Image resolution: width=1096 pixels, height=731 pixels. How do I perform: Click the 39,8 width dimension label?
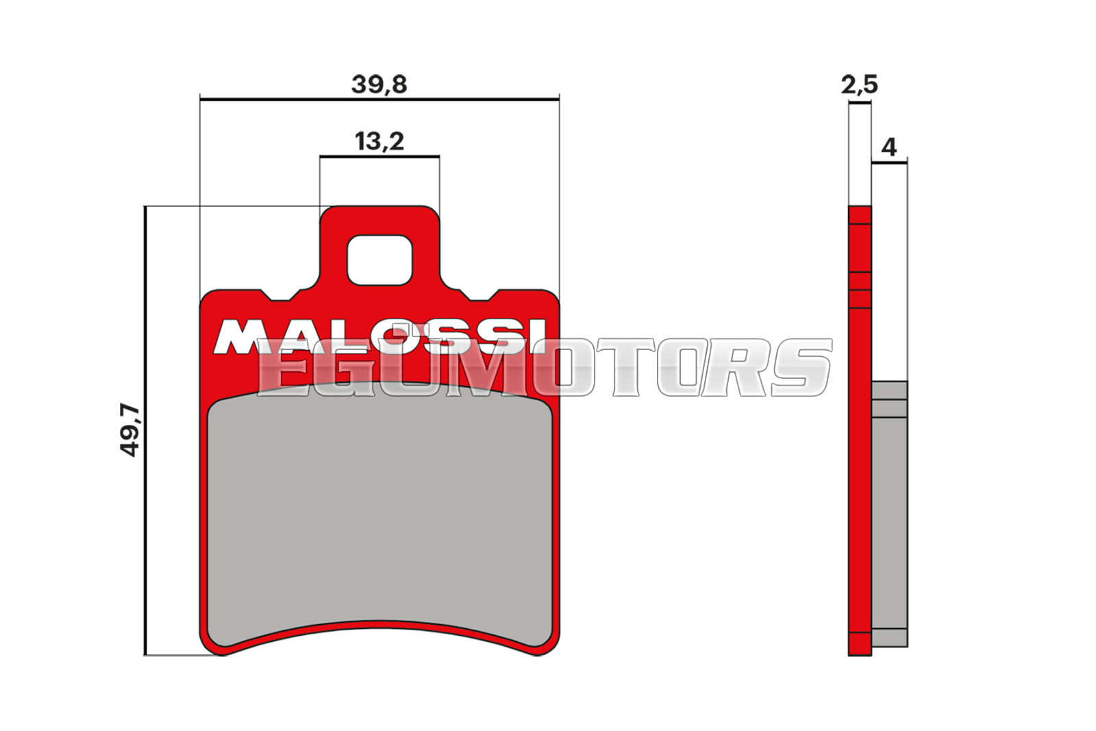pos(379,85)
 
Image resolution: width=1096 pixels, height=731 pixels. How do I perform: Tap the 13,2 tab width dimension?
pos(379,141)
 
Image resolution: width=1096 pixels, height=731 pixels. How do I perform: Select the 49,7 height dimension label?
pos(130,430)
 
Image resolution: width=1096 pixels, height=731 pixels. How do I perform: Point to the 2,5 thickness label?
pos(860,85)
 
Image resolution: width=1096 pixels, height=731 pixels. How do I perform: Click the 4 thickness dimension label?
pos(889,147)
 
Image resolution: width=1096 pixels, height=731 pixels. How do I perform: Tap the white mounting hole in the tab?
pos(379,260)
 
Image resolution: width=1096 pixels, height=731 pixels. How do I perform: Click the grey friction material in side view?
pos(890,514)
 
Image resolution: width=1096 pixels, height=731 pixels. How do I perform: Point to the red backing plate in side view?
pos(860,430)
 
